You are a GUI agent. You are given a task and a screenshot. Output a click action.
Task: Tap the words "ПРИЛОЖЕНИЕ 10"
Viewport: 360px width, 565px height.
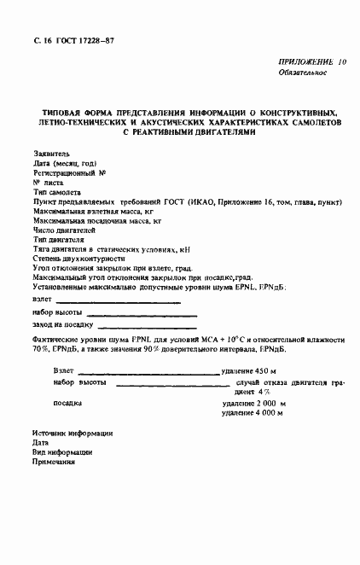pos(312,62)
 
